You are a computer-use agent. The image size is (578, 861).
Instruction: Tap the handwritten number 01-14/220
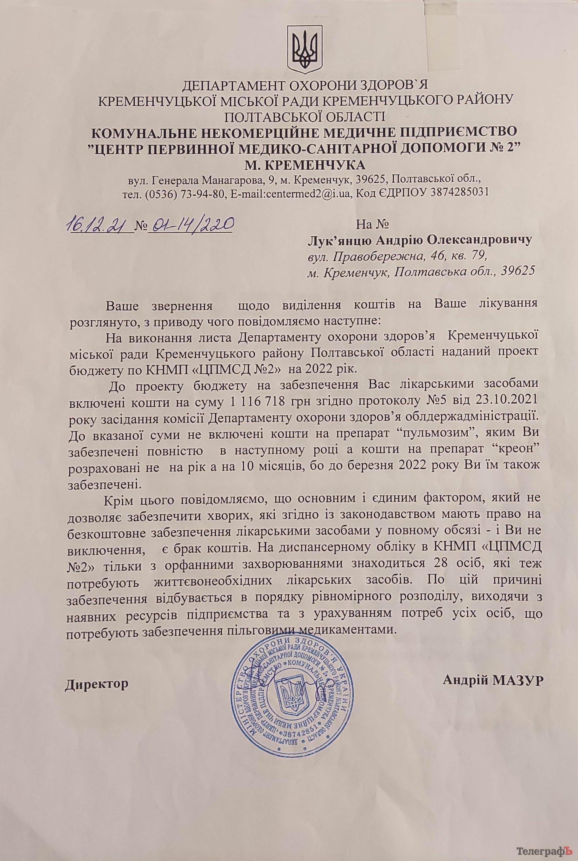click(x=190, y=223)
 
